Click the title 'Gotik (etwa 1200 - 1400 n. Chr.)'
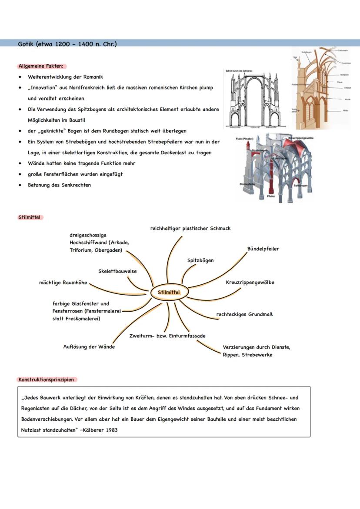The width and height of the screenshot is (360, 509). (x=67, y=44)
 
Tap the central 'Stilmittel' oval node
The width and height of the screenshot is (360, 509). (x=169, y=293)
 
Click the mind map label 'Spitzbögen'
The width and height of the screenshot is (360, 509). (x=200, y=260)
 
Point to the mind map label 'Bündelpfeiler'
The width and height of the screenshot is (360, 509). (x=263, y=249)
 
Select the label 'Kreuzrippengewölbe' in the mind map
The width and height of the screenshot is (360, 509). (x=250, y=283)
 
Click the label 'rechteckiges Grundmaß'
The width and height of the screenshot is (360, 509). (x=244, y=314)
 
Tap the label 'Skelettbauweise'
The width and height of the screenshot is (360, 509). (x=117, y=271)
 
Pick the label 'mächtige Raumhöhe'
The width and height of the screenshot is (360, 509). (x=63, y=283)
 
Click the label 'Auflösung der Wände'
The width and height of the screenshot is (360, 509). (x=89, y=347)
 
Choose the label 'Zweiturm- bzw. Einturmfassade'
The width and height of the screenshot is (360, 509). (x=167, y=336)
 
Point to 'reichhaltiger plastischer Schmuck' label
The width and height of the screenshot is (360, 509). (x=190, y=228)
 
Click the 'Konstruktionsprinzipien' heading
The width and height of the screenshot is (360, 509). (x=47, y=379)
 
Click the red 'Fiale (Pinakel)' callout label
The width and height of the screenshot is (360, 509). (x=245, y=139)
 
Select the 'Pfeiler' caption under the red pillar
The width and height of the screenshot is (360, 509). (x=271, y=196)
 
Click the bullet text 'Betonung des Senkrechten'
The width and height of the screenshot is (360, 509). (x=60, y=185)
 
